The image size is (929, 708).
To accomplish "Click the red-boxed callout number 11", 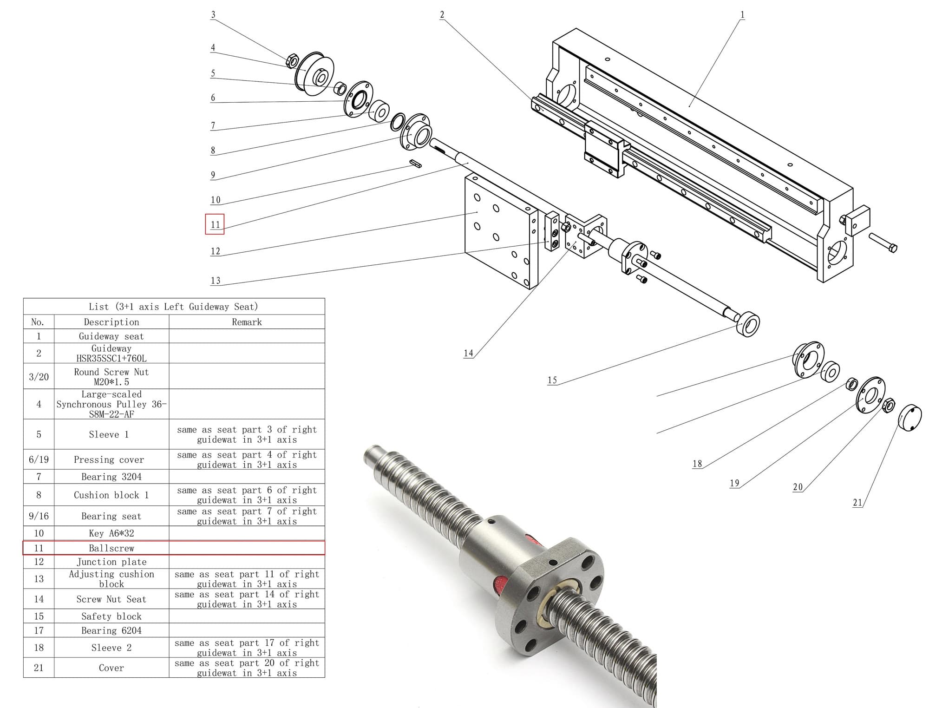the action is point(215,224).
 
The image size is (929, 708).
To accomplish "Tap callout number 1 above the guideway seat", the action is point(742,14).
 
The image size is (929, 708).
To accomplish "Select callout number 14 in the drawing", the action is point(468,353).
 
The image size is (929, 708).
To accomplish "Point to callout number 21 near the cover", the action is point(857,502).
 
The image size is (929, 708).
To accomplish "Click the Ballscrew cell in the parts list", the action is point(111,548).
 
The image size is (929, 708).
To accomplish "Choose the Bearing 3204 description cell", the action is point(111,477).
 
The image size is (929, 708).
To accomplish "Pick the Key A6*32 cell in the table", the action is point(111,533).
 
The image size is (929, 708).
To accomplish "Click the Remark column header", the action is point(247,322).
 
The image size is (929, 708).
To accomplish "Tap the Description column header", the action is point(111,322).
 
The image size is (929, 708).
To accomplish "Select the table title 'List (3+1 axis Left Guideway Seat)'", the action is point(173,307).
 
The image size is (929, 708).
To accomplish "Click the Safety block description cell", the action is point(111,616).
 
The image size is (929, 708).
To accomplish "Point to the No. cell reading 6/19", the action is point(39,459).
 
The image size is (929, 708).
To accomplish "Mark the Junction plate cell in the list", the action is point(111,562).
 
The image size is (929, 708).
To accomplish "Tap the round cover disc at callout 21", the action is point(909,418).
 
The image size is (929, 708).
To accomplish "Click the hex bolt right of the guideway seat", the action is point(883,242).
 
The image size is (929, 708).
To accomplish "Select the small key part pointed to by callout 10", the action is point(416,163).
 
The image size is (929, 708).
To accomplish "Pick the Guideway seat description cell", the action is point(111,336).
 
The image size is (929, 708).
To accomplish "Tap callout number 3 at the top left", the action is point(213,14).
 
